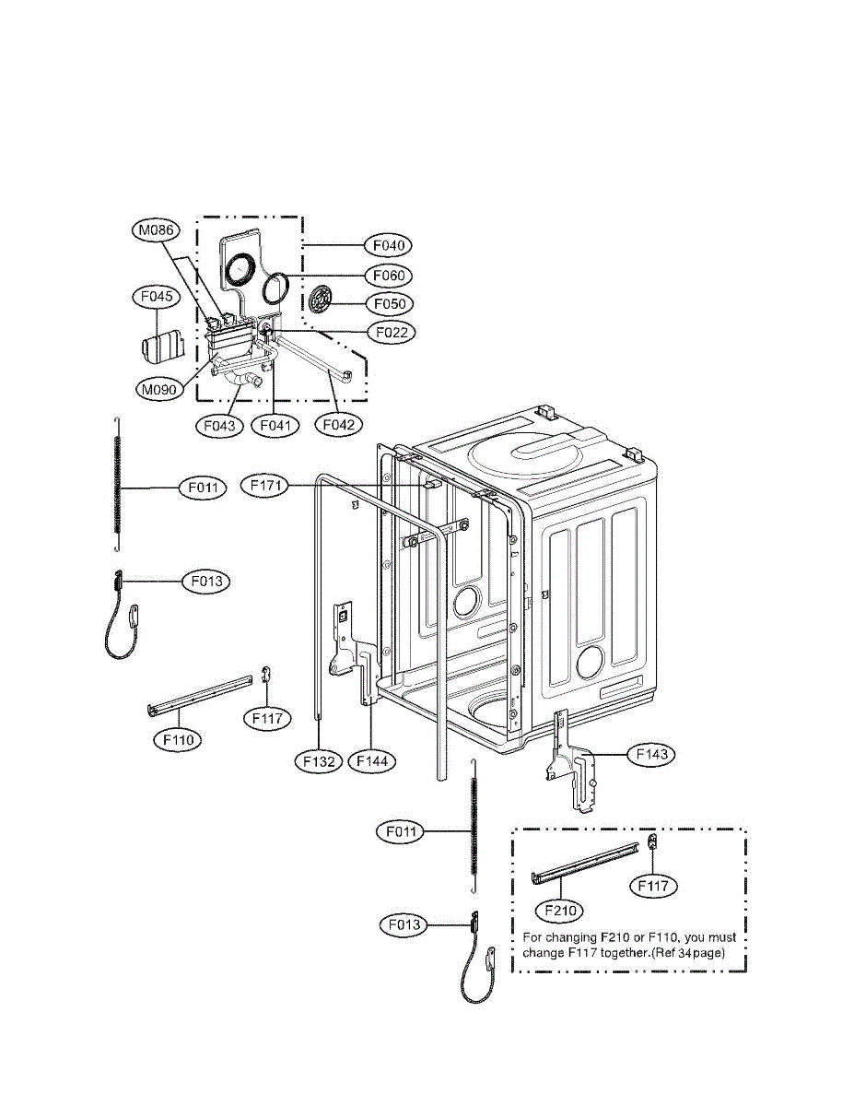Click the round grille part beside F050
point(322,300)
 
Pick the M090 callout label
point(158,390)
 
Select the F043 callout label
point(219,426)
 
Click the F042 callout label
point(337,426)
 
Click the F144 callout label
point(371,761)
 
